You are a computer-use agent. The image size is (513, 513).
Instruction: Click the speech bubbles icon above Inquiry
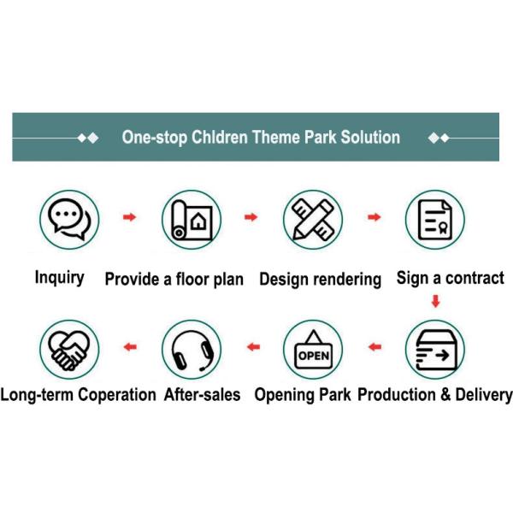click(69, 219)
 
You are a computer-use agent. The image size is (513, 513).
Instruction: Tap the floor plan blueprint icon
click(192, 220)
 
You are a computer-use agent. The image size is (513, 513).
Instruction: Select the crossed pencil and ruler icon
click(313, 220)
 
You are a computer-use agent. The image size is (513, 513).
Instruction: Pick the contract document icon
click(435, 220)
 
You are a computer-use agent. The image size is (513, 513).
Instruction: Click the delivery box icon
click(435, 350)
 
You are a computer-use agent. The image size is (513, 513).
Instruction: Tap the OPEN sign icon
click(314, 349)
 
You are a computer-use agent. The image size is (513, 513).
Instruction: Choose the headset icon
click(192, 351)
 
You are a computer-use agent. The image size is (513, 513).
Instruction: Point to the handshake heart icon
click(69, 350)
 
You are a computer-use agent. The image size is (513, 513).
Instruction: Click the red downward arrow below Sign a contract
click(435, 301)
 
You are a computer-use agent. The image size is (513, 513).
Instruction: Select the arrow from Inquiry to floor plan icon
click(130, 217)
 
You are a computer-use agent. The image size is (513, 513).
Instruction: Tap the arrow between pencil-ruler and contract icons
click(374, 217)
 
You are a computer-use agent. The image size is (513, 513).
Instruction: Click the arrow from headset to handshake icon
click(130, 347)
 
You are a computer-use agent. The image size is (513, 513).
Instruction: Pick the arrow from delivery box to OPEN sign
click(375, 347)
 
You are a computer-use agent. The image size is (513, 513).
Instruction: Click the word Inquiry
click(60, 278)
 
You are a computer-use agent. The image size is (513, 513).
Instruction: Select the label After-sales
click(202, 394)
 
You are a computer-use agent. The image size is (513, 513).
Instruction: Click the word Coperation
click(117, 395)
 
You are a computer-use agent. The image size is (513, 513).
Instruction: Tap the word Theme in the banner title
click(275, 137)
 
